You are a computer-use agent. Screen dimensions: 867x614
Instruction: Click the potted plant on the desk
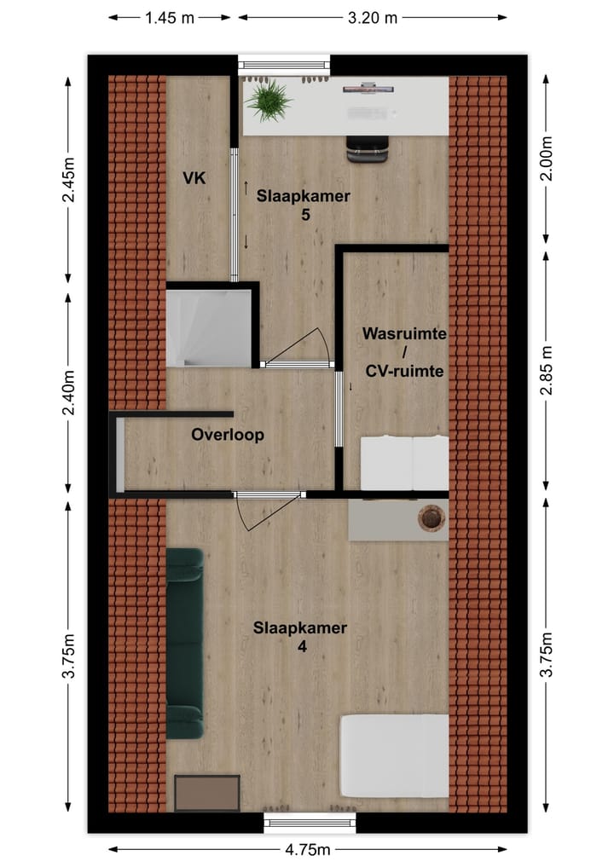click(268, 100)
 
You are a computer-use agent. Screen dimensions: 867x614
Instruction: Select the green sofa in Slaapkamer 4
click(184, 643)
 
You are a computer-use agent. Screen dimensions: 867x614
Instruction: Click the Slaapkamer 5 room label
click(304, 205)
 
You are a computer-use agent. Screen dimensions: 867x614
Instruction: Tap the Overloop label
click(228, 435)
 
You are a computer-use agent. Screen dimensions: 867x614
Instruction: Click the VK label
click(195, 178)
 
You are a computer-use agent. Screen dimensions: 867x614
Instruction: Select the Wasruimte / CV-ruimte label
click(404, 352)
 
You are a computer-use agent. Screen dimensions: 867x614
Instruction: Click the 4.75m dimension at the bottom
click(307, 850)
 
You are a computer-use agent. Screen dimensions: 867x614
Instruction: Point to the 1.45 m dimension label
click(171, 18)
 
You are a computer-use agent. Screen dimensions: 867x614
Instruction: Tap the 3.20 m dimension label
click(372, 18)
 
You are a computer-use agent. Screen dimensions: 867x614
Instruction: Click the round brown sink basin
click(432, 517)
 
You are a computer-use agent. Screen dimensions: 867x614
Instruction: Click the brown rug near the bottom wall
click(207, 794)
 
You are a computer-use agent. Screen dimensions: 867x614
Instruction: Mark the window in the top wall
click(283, 64)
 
